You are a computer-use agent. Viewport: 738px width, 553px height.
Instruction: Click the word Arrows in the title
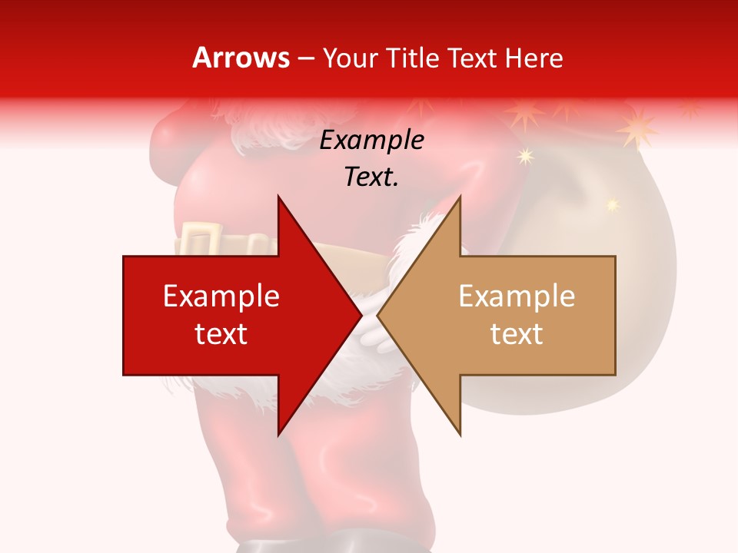click(241, 58)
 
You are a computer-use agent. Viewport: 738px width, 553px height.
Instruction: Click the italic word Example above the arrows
click(371, 141)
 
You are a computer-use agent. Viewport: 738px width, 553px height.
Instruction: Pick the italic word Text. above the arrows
click(371, 177)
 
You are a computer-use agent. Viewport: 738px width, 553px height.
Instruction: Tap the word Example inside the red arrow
click(221, 296)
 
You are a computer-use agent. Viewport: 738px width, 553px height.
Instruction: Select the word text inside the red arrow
click(221, 334)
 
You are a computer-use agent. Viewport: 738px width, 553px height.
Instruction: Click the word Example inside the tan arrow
click(517, 296)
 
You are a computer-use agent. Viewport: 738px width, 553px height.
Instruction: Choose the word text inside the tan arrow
click(517, 334)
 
